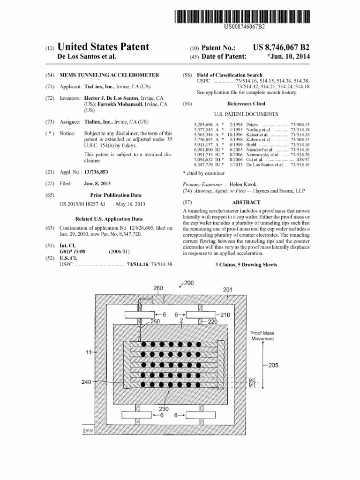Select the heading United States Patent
point(103,47)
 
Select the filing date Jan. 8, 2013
point(97,184)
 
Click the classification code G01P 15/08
point(73,252)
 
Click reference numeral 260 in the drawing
point(159,288)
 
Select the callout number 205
point(273,366)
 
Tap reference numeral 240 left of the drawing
point(86,382)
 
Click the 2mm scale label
point(88,430)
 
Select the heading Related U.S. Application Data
point(109,218)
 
